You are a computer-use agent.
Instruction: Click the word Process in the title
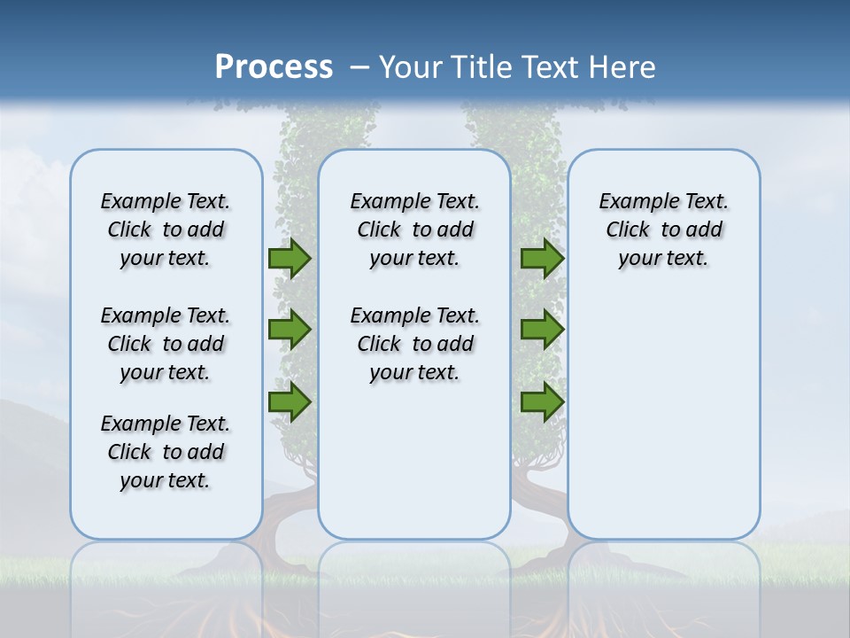click(x=274, y=66)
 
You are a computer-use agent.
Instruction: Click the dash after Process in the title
click(x=359, y=68)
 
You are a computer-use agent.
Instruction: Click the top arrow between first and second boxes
click(x=290, y=259)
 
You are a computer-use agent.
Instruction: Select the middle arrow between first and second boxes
click(x=290, y=330)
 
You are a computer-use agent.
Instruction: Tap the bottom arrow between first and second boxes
click(x=290, y=401)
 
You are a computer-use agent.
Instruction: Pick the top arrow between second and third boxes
click(x=542, y=259)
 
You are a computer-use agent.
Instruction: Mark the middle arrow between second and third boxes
click(x=542, y=330)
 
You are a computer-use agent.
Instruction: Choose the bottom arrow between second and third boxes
click(x=542, y=401)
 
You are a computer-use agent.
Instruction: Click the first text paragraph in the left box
click(x=166, y=230)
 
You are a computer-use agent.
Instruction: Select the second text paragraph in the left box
click(x=166, y=344)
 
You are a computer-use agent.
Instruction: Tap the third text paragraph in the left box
click(x=166, y=452)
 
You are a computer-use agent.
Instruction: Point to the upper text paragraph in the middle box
click(x=414, y=230)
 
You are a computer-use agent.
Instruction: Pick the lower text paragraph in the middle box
click(x=414, y=344)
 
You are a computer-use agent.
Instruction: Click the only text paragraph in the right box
click(x=663, y=230)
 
